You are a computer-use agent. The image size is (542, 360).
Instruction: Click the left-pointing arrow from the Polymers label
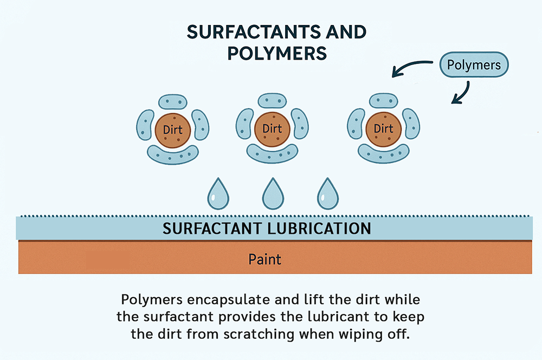pos(411,67)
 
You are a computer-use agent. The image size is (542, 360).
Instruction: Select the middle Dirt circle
pos(272,129)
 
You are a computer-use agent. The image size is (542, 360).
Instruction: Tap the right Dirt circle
pos(383,129)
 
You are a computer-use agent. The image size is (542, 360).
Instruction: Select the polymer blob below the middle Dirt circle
pos(272,154)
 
